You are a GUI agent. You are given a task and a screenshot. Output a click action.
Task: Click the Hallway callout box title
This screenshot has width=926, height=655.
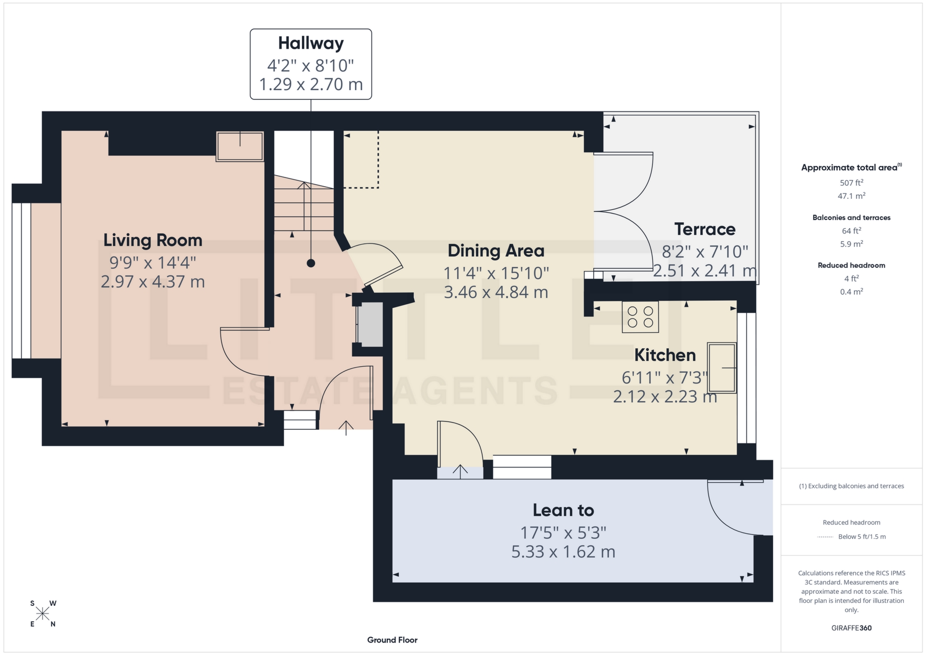[x=311, y=43]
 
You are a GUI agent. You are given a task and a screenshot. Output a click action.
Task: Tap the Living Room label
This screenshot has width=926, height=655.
[x=152, y=240]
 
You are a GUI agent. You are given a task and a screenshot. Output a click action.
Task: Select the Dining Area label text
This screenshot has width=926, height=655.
[x=496, y=251]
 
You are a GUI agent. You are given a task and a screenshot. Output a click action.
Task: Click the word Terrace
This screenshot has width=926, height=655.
[x=705, y=229]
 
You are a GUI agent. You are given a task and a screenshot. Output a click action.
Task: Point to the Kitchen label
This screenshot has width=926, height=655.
[x=665, y=355]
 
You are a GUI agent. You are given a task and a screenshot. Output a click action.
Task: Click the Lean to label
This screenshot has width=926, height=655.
[x=563, y=510]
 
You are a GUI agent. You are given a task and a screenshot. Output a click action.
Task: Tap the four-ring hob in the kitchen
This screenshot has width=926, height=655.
[x=640, y=317]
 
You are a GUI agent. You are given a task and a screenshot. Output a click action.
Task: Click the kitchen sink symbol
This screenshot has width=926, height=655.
[x=722, y=368]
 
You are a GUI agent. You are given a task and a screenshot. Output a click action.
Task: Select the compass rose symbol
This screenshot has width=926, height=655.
[x=43, y=614]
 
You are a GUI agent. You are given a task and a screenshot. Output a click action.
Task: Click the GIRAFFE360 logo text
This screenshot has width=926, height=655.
[x=851, y=628]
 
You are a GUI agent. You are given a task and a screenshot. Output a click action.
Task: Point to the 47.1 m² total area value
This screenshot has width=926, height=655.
[x=851, y=196]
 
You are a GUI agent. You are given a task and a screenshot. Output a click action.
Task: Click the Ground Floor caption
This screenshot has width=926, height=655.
[x=392, y=640]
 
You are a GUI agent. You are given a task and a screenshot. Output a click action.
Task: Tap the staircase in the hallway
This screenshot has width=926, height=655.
[x=304, y=207]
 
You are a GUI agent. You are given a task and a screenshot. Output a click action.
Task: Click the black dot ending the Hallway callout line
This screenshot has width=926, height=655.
[x=311, y=263]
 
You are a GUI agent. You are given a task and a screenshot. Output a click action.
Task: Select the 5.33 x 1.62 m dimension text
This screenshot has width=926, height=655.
[x=563, y=552]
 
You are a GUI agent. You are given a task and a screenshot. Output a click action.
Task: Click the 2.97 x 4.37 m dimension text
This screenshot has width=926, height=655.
[x=152, y=282]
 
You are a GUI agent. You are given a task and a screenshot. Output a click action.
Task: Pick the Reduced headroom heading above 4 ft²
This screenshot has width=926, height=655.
[x=851, y=265]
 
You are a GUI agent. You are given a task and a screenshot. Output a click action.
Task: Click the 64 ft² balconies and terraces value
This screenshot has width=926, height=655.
[x=851, y=231]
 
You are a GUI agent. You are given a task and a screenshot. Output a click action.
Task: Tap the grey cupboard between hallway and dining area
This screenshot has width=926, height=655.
[x=370, y=324]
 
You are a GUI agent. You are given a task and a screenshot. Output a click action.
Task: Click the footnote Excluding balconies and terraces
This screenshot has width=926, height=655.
[x=851, y=486]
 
